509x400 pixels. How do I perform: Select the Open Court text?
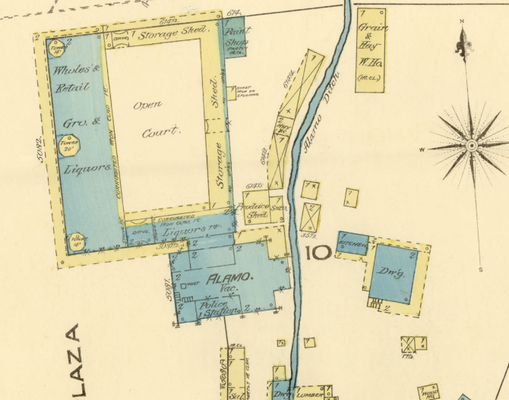[154, 118]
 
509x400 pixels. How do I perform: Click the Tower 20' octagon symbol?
[70, 144]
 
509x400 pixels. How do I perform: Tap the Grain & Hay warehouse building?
[371, 50]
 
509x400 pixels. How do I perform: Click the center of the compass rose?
[471, 144]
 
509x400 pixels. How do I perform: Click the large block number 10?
[318, 251]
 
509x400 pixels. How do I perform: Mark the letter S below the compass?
[480, 269]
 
